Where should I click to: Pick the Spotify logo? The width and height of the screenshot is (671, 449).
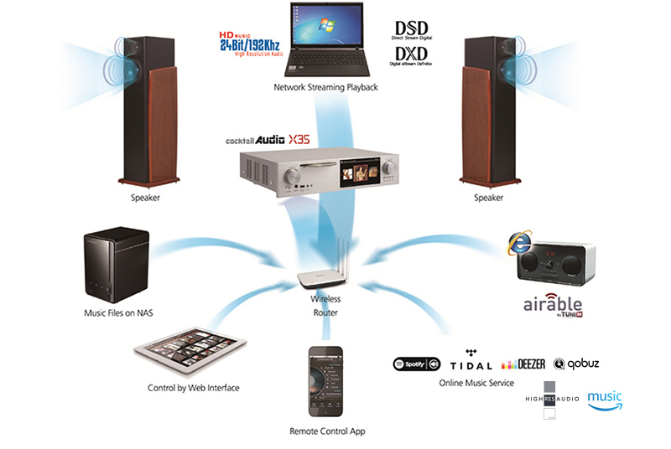417,364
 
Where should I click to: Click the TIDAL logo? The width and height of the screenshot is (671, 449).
471,364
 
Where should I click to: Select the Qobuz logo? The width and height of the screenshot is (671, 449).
576,364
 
